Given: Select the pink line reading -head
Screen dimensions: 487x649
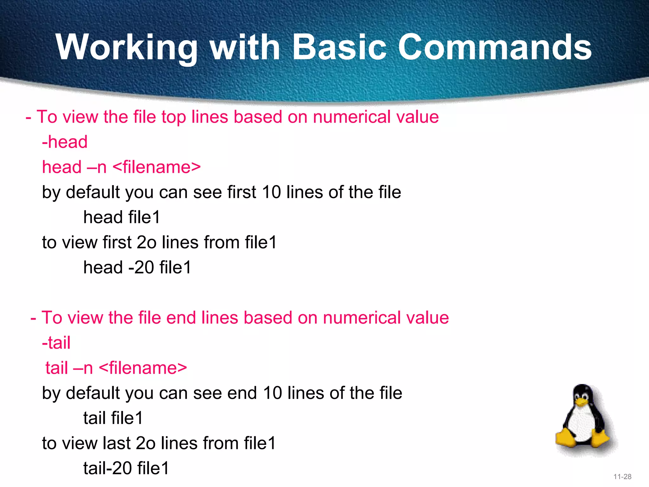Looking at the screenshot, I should (x=65, y=142).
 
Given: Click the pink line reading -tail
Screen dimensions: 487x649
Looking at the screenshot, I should (x=56, y=343).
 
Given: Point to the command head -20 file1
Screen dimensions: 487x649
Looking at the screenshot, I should (x=137, y=267).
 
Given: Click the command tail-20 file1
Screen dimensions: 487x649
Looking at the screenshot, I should (x=126, y=468).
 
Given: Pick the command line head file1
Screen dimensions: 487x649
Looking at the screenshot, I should (x=122, y=218).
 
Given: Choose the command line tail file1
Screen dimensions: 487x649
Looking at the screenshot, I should (x=113, y=418).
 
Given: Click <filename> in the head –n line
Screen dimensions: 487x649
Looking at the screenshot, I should (x=157, y=167).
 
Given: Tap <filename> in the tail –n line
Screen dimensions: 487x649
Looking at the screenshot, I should (x=143, y=368).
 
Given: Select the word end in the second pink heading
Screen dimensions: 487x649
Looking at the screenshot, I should (x=181, y=318).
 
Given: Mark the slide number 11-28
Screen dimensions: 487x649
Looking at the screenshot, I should (x=622, y=477).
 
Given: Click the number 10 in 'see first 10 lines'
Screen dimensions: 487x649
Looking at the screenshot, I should (x=272, y=192).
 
